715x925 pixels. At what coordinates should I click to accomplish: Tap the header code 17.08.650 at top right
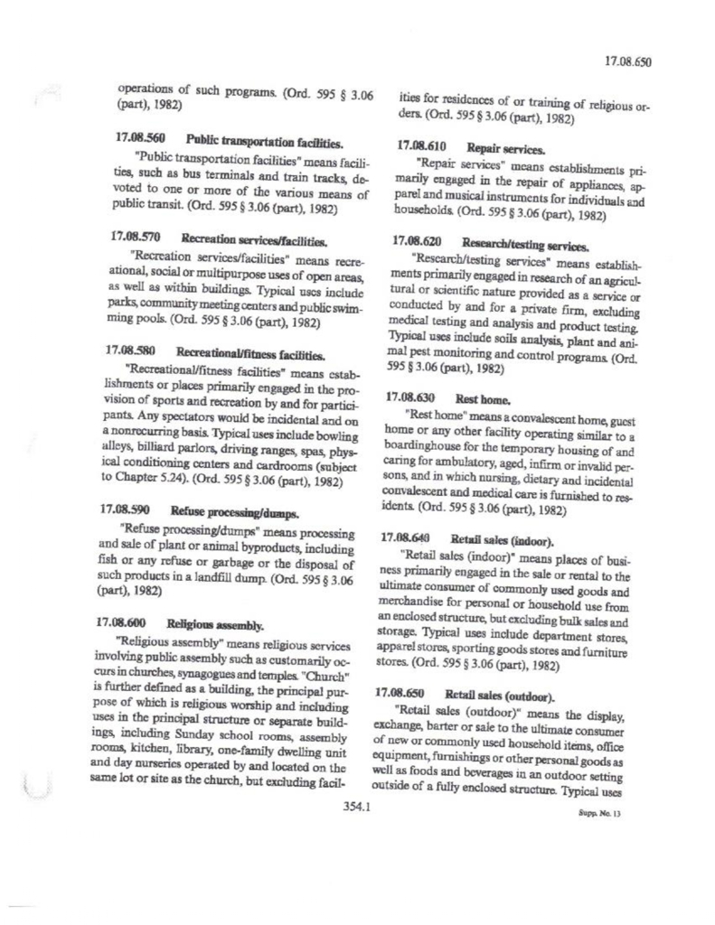click(626, 63)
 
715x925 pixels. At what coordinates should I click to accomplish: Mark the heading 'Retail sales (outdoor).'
click(515, 693)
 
